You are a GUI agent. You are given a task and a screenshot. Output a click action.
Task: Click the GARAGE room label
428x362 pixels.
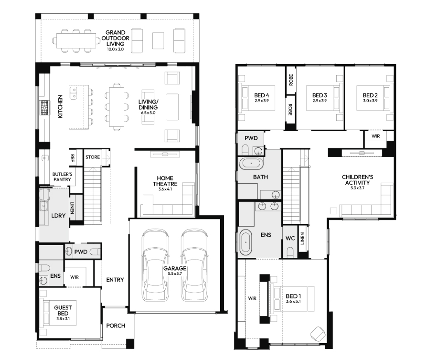[x=174, y=269]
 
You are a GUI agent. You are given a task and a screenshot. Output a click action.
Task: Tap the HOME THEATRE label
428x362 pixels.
[x=165, y=181]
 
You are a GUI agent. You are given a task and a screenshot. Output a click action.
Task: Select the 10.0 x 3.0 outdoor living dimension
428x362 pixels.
[x=115, y=49]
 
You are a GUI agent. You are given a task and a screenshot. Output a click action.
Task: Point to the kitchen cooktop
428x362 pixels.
[x=44, y=107]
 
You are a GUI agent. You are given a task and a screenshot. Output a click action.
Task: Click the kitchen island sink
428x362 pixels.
[x=73, y=93]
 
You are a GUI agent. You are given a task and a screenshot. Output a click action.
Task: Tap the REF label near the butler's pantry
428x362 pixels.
[x=72, y=158]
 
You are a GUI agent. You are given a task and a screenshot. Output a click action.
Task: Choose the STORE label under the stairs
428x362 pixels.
[x=93, y=157]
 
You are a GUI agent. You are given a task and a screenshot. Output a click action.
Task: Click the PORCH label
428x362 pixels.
[x=116, y=326]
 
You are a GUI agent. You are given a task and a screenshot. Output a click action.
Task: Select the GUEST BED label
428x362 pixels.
[x=63, y=311]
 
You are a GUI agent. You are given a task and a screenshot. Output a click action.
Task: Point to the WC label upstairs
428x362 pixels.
[x=290, y=239]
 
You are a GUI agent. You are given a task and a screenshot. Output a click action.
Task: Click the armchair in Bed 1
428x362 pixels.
[x=318, y=334]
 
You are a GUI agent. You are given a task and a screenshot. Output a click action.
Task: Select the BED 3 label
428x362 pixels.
[x=320, y=95]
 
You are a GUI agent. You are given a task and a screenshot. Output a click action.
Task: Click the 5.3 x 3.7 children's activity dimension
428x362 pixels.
[x=357, y=188]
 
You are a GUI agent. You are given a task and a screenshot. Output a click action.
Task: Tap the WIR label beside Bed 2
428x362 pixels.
[x=376, y=136]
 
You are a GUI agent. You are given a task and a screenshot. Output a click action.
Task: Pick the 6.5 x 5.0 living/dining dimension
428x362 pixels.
[x=148, y=113]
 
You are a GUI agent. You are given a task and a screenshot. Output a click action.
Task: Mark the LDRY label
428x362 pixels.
[x=58, y=216]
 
